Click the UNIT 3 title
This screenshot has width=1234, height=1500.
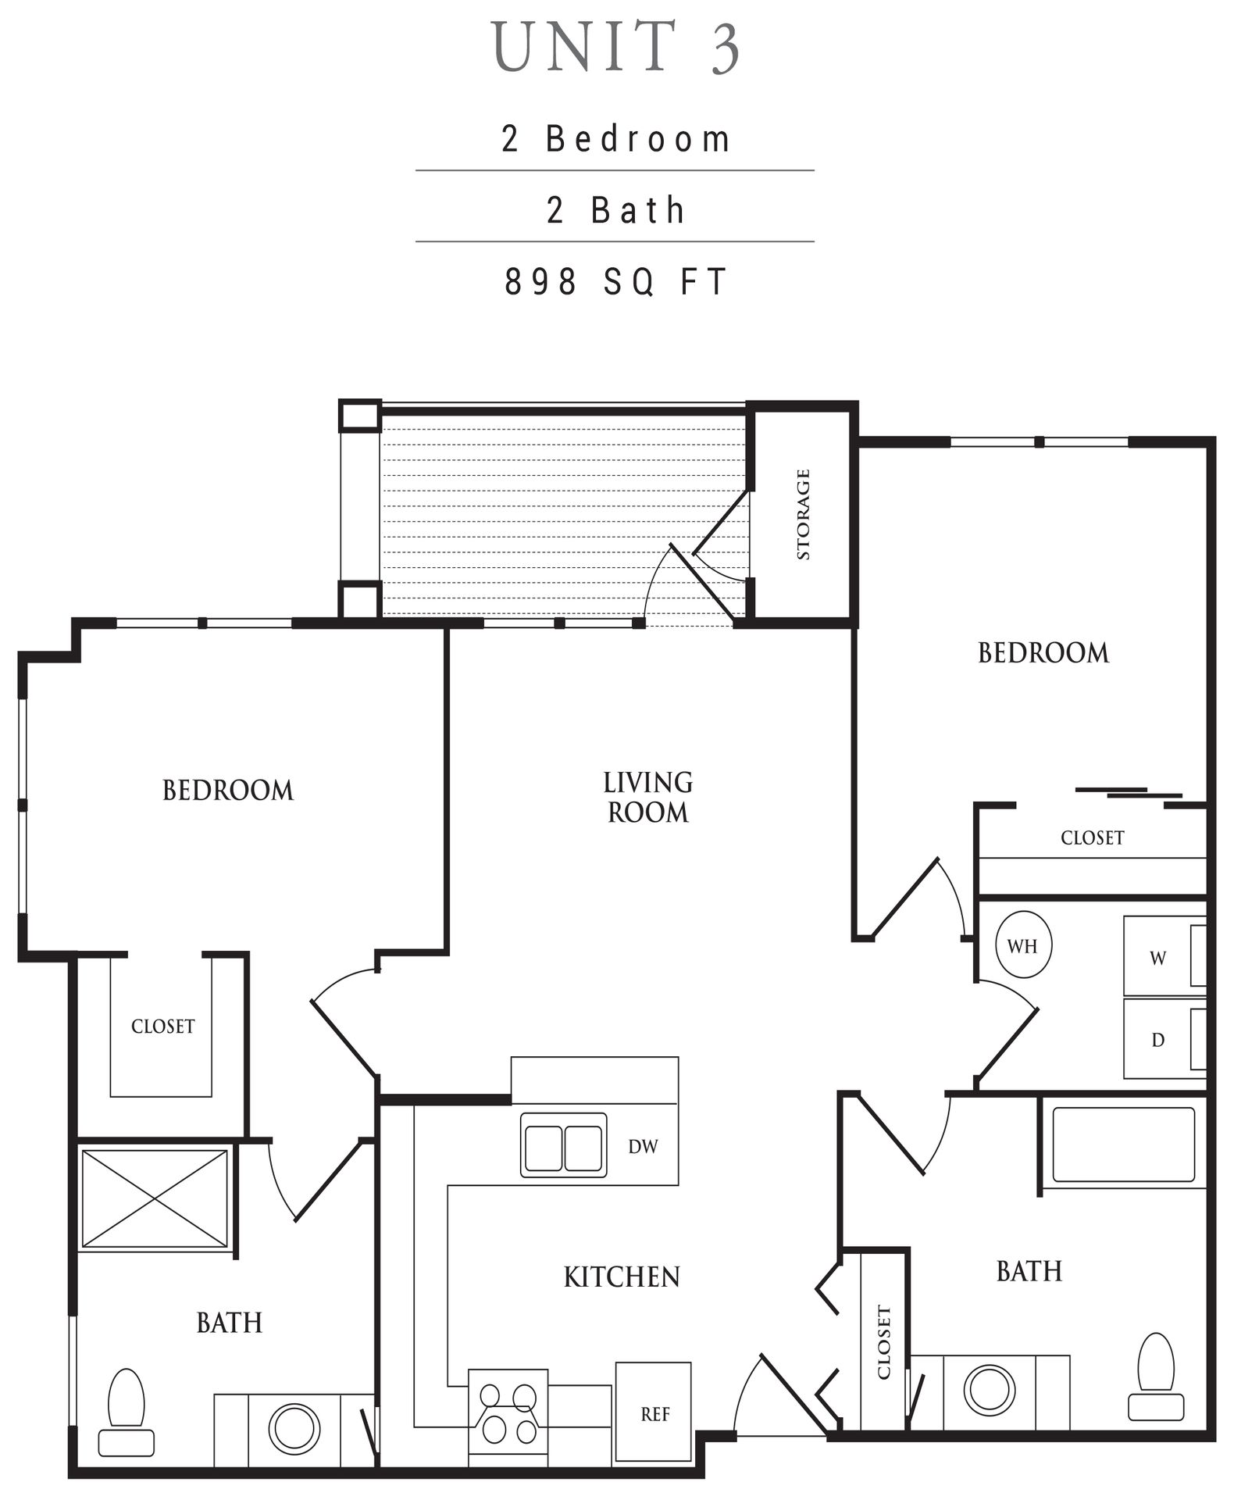tap(616, 48)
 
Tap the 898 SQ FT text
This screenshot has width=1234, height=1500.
tap(616, 282)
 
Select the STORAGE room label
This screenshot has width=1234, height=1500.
tap(803, 514)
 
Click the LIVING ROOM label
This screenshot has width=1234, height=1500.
tap(647, 797)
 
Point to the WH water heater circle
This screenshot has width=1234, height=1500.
tap(1023, 946)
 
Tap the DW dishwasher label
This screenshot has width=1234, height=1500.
tap(643, 1146)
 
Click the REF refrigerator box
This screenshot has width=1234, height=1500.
tap(654, 1413)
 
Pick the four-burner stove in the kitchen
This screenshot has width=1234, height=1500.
tap(508, 1415)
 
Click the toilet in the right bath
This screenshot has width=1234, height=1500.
tap(1156, 1376)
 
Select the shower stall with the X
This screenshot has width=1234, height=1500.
tap(155, 1198)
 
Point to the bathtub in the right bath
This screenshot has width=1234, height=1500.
tap(1123, 1145)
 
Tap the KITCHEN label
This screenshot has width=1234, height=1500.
tap(622, 1277)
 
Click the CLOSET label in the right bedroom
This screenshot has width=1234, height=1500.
tap(1092, 838)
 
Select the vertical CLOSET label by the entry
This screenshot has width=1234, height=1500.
tap(884, 1342)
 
